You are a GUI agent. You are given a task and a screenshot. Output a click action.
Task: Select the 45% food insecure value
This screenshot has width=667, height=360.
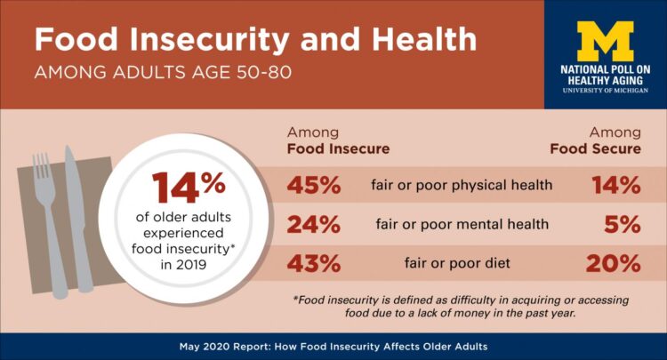tap(314, 186)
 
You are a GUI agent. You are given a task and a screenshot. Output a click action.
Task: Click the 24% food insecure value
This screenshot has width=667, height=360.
tap(314, 225)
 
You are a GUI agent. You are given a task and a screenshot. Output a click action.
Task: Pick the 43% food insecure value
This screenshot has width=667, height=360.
tap(314, 264)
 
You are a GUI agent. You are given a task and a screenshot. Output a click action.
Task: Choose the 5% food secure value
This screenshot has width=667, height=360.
tap(623, 225)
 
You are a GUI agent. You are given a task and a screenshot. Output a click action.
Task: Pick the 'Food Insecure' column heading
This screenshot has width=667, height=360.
tap(338, 148)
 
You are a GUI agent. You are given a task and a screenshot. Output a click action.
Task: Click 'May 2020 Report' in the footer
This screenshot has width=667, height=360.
tap(251, 346)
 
